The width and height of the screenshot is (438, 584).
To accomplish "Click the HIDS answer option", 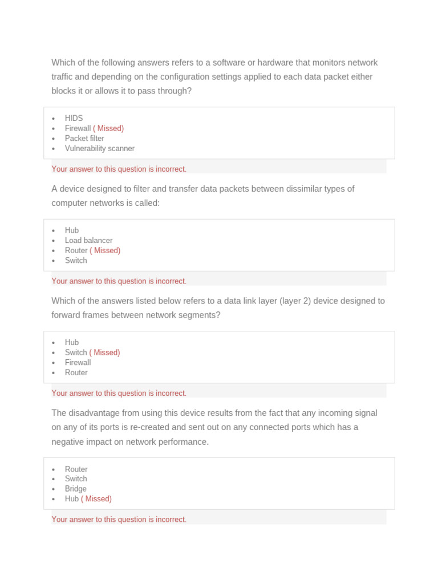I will pos(74,118).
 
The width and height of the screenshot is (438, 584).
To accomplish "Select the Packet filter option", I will pos(84,138).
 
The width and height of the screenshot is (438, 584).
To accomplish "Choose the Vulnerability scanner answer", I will pos(100,148).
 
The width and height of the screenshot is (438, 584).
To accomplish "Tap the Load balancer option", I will pos(88,240).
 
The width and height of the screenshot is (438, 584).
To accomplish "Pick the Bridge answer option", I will pos(76,489).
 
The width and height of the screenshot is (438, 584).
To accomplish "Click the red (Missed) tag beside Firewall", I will pos(108,128).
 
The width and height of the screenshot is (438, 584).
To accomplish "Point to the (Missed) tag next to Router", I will pos(105,250).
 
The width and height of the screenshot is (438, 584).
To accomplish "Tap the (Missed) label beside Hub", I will pos(96,498).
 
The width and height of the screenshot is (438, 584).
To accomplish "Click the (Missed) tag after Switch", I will pos(104,352).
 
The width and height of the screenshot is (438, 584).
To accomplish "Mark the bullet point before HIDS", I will pos(53,119).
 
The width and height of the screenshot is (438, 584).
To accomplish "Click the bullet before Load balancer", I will pos(53,241).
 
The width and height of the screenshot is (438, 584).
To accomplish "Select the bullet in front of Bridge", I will pos(53,489).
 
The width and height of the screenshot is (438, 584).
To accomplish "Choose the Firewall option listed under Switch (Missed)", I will pos(78,362).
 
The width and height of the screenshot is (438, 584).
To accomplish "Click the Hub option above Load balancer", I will pos(72,230).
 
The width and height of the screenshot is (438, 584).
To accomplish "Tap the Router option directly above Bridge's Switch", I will pos(76,469).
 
